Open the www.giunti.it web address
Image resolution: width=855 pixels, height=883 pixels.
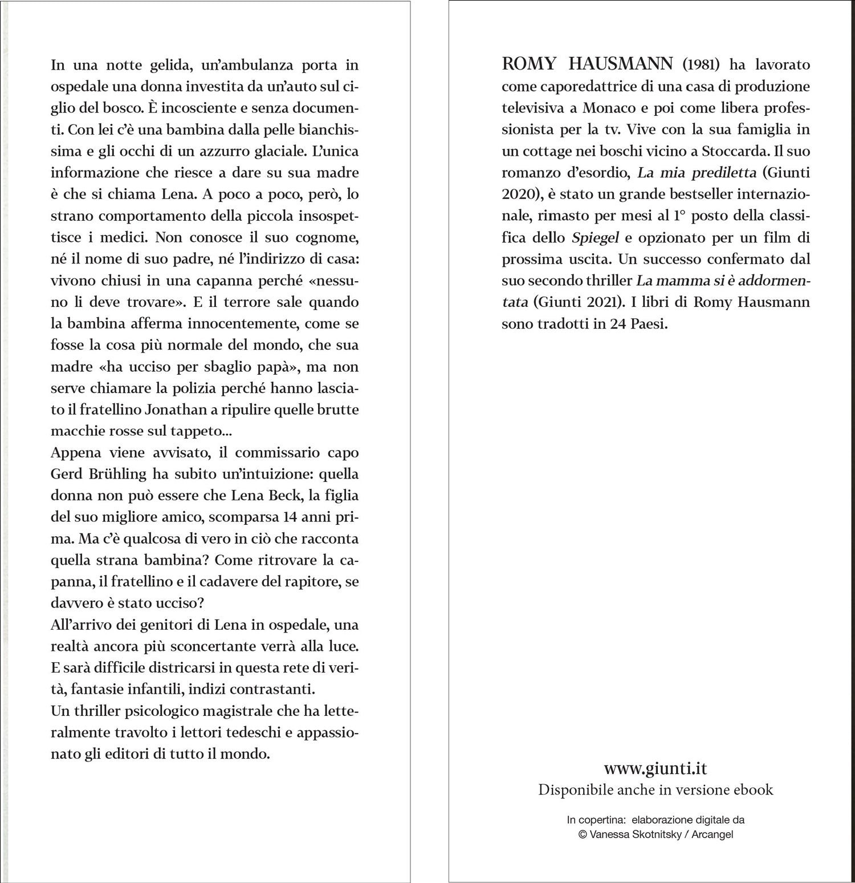[655, 768]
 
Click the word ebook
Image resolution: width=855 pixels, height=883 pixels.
[754, 789]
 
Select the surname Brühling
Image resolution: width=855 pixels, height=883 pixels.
[114, 475]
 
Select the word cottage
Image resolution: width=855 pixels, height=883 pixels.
[546, 151]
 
